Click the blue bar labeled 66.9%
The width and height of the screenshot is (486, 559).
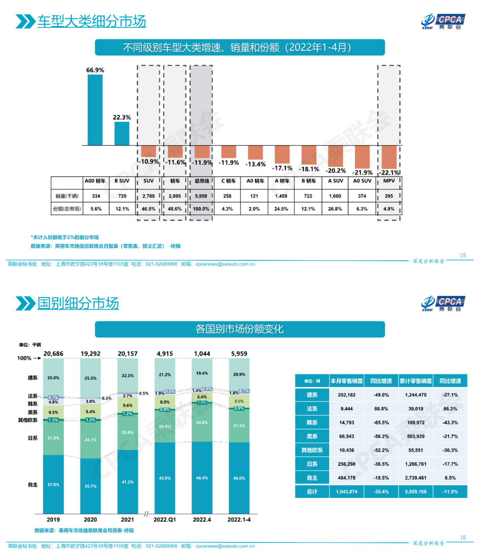coord(95,110)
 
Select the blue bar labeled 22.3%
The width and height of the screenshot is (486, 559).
coord(121,133)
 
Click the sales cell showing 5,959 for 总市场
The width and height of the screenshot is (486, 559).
coord(201,195)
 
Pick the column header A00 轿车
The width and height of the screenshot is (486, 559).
coord(95,181)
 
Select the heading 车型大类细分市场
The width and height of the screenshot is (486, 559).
coord(91,21)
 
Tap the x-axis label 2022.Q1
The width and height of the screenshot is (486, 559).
coord(164,520)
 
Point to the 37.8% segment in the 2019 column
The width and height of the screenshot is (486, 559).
coord(53,484)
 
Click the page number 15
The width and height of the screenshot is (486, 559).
coord(462,255)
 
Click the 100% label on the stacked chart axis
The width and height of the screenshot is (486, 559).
coord(25,358)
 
